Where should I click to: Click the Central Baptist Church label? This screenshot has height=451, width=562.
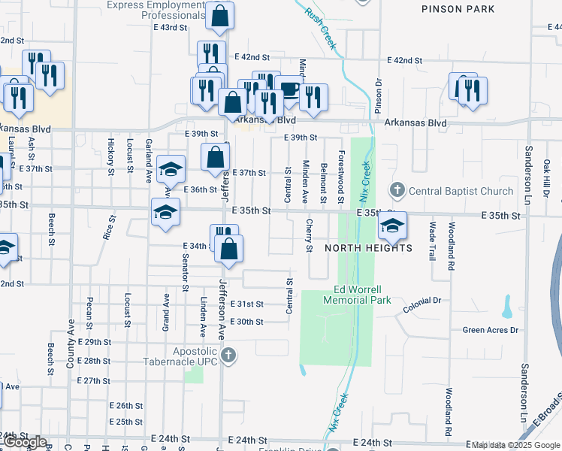coord(461,191)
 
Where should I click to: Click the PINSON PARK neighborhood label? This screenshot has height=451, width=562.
coord(458,9)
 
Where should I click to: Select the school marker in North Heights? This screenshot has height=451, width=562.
coord(392,223)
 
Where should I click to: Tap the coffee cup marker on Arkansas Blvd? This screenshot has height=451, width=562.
coord(289,89)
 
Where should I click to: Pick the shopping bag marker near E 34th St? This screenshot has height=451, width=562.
coord(230,249)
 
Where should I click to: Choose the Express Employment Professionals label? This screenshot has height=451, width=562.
coord(156,10)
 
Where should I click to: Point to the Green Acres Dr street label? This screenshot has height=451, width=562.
coord(491,330)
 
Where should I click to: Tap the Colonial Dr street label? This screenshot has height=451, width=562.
coord(421,301)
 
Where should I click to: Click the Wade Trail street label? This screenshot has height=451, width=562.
coord(432,241)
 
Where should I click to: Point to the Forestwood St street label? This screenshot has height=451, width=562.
coord(341,177)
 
